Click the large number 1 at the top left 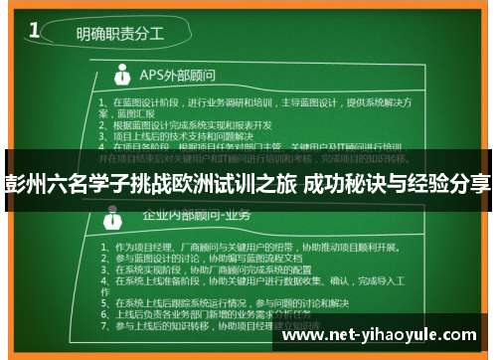(36, 31)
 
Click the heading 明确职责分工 (120, 34)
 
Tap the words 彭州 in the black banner (28, 184)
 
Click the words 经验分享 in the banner (452, 184)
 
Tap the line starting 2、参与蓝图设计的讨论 (209, 258)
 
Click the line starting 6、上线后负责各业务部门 (214, 314)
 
